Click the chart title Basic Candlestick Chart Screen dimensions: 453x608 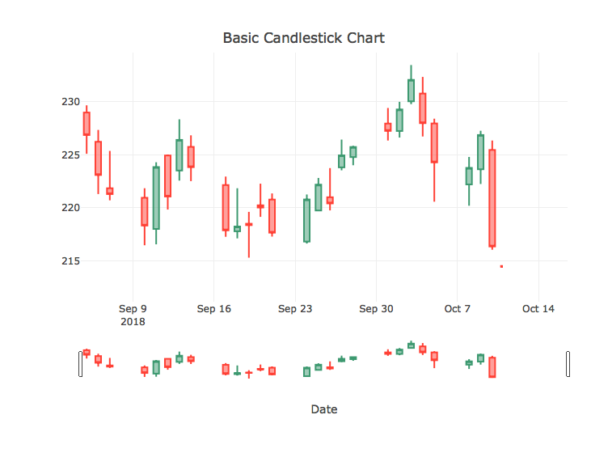click(x=303, y=38)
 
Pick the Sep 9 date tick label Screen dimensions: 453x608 click(x=133, y=309)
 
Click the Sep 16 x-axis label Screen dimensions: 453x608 click(x=213, y=309)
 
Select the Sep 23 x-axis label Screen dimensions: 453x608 click(x=294, y=309)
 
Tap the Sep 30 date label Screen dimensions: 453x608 click(x=376, y=309)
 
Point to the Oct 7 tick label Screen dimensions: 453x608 click(x=457, y=309)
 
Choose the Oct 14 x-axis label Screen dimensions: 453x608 click(x=538, y=309)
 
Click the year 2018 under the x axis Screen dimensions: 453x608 click(x=133, y=322)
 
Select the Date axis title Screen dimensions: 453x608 click(x=323, y=409)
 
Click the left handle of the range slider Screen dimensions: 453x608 click(x=80, y=364)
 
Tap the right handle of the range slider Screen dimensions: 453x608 click(x=568, y=364)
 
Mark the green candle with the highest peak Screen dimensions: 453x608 click(x=411, y=91)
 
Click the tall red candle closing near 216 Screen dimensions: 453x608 click(x=492, y=198)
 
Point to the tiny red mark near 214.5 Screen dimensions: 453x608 click(x=501, y=266)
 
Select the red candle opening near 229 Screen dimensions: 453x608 click(x=87, y=124)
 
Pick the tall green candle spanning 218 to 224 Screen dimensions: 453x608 click(x=156, y=198)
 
